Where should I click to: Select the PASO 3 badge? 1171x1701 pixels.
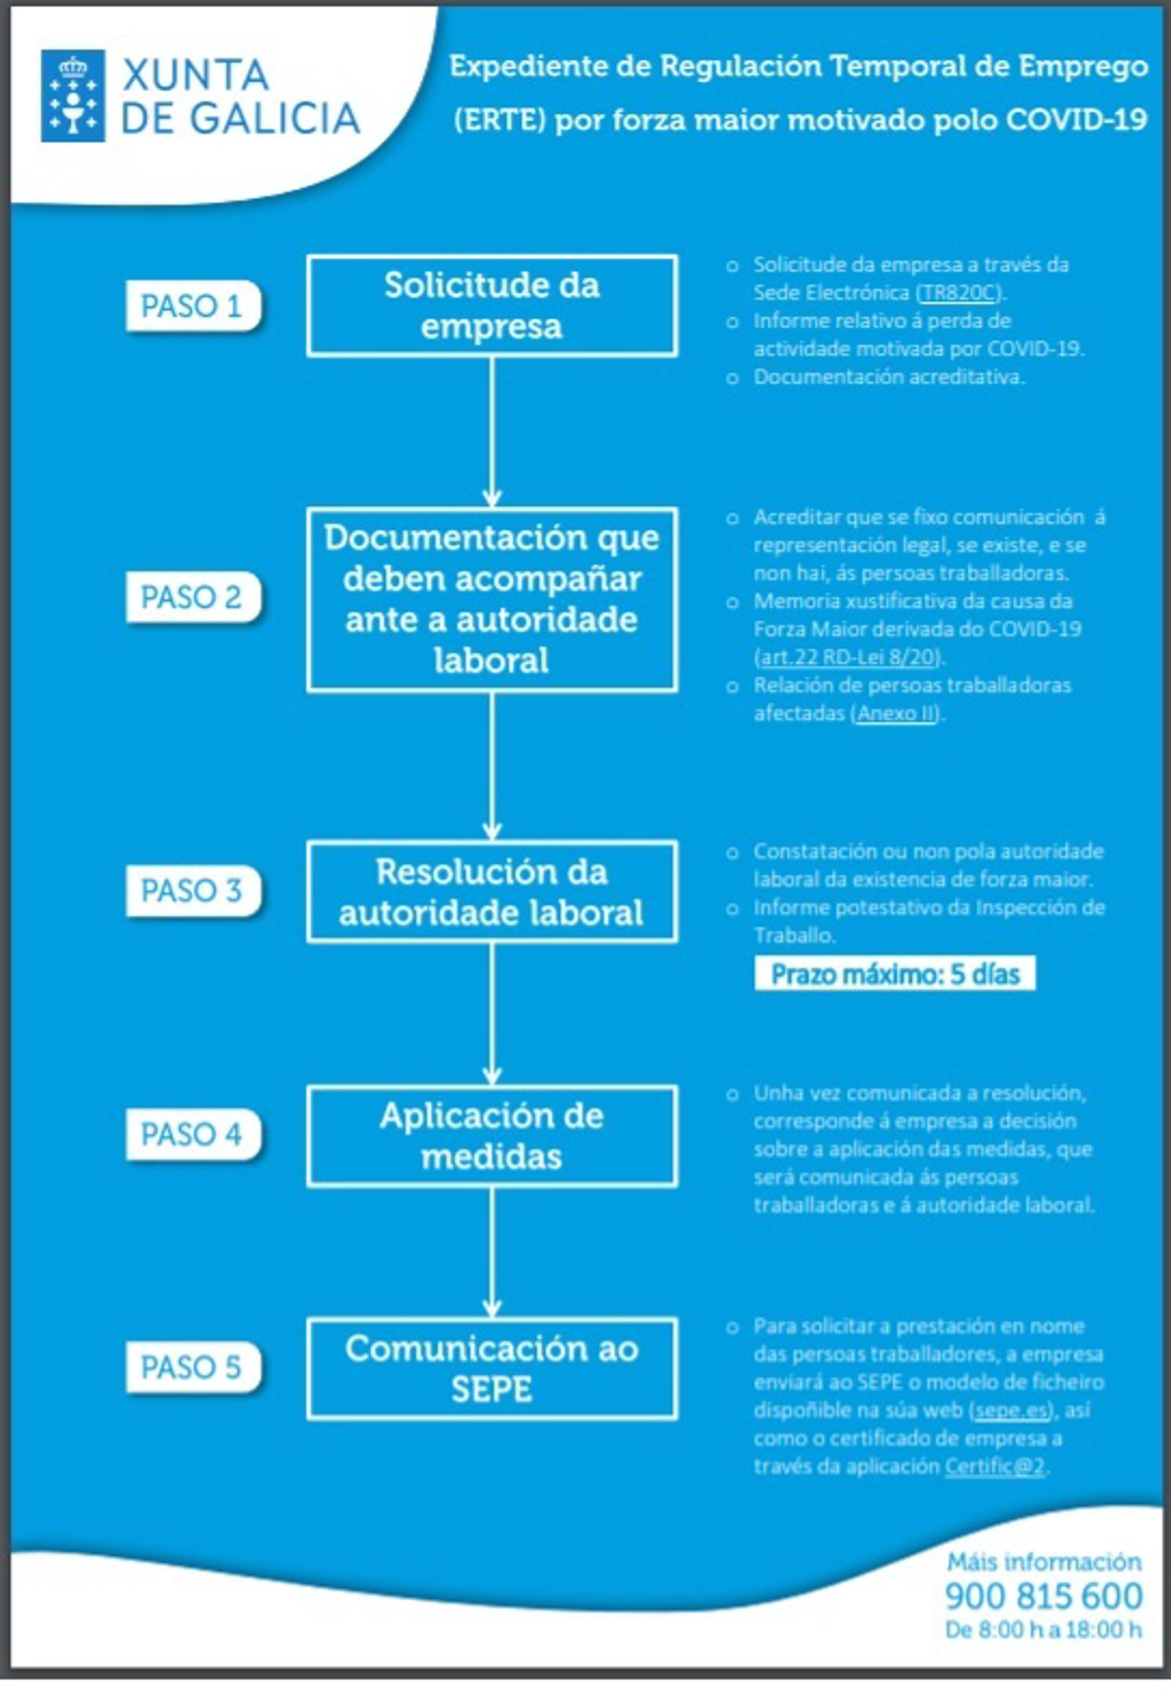(x=192, y=891)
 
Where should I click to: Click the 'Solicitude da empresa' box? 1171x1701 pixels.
(x=492, y=306)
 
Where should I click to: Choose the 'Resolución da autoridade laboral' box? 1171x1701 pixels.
(x=492, y=891)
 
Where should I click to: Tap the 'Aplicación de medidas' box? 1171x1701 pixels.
(x=492, y=1136)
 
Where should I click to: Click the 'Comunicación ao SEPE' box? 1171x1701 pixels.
(x=492, y=1369)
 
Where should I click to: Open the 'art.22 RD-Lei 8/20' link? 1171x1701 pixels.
(x=850, y=657)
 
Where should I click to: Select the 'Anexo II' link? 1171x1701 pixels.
(x=897, y=714)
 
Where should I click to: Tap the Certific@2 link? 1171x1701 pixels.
(x=994, y=1467)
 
